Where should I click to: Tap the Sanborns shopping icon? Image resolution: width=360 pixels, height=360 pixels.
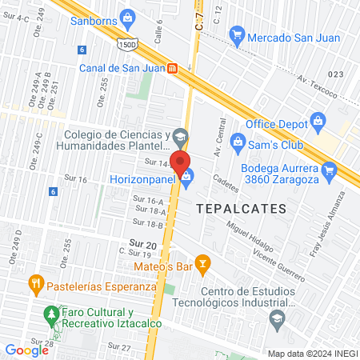pos(127,19)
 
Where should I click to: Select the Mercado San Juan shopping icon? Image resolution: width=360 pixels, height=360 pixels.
pos(236,34)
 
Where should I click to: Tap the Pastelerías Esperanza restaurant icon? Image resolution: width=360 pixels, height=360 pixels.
pos(35,284)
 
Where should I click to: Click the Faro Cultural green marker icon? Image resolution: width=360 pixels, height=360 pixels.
pos(52,313)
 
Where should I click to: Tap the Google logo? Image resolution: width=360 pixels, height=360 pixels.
pos(26,350)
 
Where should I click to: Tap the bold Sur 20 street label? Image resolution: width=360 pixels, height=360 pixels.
pos(143,245)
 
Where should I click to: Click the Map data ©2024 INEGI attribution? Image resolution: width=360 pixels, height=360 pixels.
pos(310,353)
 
